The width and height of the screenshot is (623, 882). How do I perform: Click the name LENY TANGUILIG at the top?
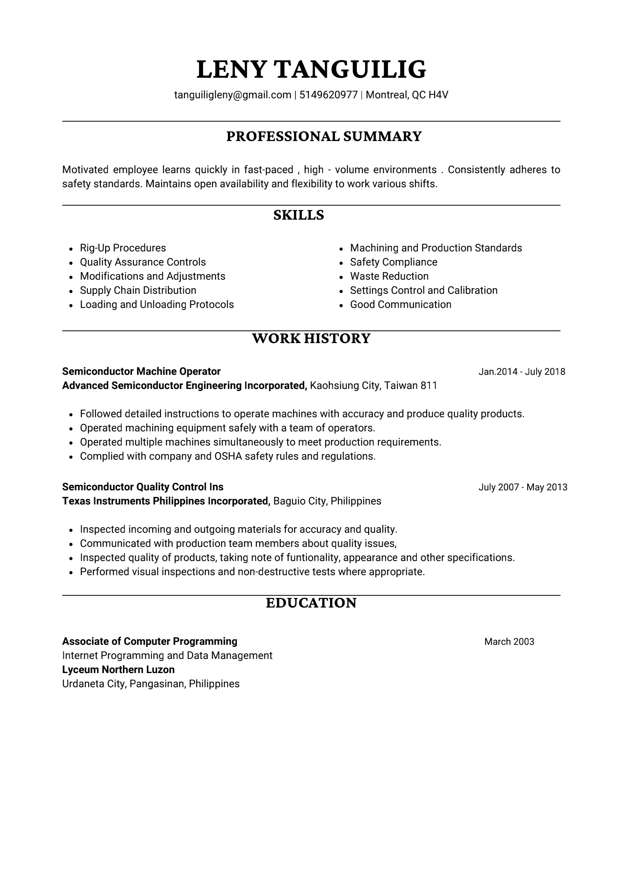point(311,70)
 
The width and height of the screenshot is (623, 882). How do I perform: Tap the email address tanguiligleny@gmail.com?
point(232,95)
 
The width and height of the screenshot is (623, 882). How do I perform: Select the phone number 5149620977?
point(329,95)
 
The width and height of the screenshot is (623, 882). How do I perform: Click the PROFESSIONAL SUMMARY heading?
point(324,137)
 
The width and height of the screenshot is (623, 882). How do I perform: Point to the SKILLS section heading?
point(299,215)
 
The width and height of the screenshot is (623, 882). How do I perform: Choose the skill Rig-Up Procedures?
point(123,248)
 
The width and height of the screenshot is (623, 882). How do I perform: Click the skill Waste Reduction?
point(389,276)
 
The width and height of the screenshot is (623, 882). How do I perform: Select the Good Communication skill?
point(401,304)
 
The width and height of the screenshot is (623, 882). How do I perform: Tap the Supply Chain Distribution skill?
point(138,290)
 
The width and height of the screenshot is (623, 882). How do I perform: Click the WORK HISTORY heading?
point(311,339)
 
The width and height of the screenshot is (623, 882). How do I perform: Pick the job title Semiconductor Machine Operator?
point(141,371)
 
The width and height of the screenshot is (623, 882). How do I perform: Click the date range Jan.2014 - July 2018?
point(522,372)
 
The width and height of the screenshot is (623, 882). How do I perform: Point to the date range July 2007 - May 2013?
point(522,488)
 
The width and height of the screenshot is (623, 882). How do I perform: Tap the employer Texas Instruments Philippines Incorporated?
point(166,501)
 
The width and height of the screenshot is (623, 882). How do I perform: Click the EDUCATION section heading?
point(311,603)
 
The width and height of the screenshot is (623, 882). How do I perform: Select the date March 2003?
point(509,642)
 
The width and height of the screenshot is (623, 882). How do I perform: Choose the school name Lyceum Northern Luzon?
point(118,670)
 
